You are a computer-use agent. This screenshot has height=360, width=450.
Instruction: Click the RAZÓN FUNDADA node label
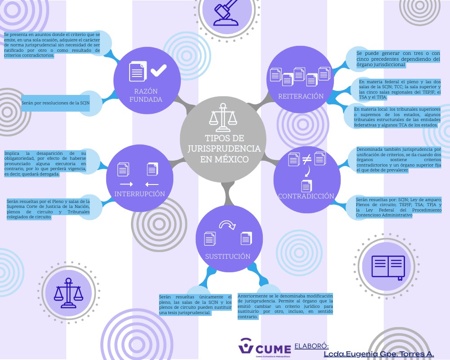[x=145, y=95]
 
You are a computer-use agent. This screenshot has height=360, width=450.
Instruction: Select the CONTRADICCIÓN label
[x=306, y=196]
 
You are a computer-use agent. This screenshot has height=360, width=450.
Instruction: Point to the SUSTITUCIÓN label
[x=228, y=256]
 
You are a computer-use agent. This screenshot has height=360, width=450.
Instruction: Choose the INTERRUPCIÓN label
[x=139, y=194]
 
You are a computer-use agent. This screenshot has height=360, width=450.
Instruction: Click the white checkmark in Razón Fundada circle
[x=158, y=70]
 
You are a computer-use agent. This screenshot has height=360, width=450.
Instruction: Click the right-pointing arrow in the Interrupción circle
[x=126, y=184]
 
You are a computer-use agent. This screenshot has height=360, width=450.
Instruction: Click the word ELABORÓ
[x=311, y=346]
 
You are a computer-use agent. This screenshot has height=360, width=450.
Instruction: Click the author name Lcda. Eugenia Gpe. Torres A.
[x=378, y=355]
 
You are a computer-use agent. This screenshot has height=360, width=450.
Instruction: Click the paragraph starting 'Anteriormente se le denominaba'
[x=285, y=305]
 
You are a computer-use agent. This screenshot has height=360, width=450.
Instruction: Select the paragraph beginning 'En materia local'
[x=396, y=117]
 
